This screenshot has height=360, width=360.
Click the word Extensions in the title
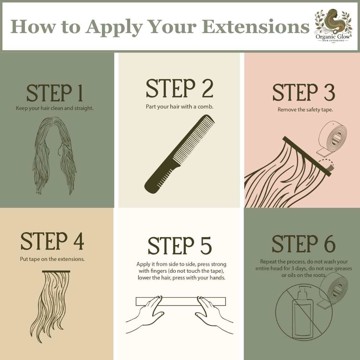coord(256,26)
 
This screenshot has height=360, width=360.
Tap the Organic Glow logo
coord(333,25)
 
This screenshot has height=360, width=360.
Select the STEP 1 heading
coord(54,93)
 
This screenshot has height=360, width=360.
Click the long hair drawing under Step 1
coord(54,156)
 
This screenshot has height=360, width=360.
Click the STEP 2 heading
coord(180,88)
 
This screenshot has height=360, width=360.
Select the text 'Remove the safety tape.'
coord(305,110)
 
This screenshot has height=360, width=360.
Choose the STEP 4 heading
coord(52,241)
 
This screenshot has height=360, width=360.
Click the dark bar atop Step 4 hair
coord(56,272)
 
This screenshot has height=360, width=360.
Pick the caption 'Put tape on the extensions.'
coord(52,259)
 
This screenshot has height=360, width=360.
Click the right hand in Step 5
coord(213,315)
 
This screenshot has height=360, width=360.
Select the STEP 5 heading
coord(179,246)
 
